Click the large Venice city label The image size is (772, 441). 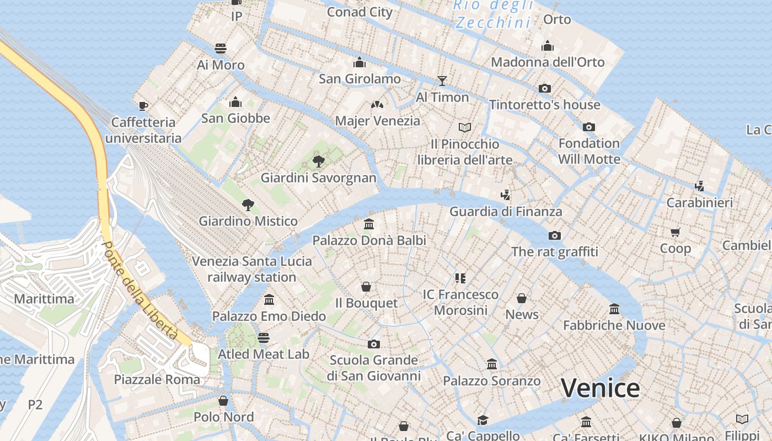coord(600,388)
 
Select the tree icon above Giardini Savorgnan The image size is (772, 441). coord(318,162)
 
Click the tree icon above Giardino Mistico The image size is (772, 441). coord(248,205)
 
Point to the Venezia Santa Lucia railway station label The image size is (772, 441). coord(252,269)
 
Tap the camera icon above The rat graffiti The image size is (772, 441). coord(554,236)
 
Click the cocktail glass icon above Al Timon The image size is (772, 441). coord(442,81)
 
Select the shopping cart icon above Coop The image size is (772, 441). coord(675,232)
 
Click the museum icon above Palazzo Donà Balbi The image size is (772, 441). coord(369,224)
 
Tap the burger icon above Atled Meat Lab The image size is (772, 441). coord(264,338)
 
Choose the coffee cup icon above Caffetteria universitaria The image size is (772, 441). coord(143,106)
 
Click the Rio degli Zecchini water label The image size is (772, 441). coord(494,14)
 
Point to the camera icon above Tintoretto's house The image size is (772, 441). coord(544,88)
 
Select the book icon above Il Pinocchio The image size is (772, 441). coord(465,128)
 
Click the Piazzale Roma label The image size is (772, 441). coord(157,379)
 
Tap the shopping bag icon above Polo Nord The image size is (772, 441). coord(223,401)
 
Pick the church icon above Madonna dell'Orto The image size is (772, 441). coord(547,46)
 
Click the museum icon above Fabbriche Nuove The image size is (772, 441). coord(614,309)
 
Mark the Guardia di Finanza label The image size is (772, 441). coord(506,211)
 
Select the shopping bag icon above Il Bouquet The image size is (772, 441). coord(366,287)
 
